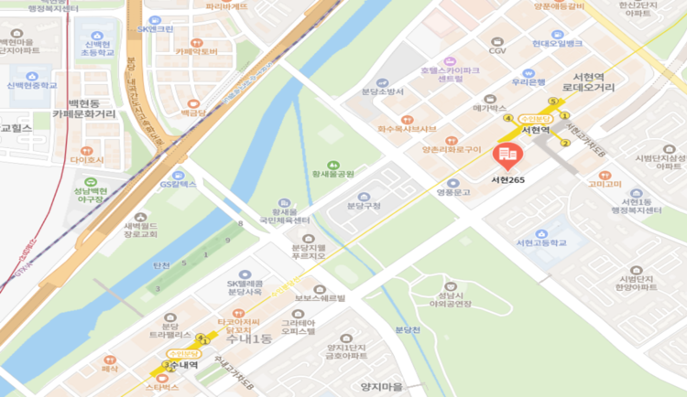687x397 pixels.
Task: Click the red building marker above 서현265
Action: pyautogui.click(x=505, y=156)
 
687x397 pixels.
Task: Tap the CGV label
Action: pyautogui.click(x=497, y=51)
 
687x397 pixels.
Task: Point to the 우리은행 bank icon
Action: pyautogui.click(x=528, y=72)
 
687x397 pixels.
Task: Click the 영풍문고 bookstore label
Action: pyautogui.click(x=453, y=192)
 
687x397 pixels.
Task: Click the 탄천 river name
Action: pyautogui.click(x=162, y=265)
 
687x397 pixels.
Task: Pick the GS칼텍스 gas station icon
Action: pyautogui.click(x=178, y=174)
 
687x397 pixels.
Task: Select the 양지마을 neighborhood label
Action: pyautogui.click(x=382, y=387)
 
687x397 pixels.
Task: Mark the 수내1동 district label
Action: pyautogui.click(x=248, y=339)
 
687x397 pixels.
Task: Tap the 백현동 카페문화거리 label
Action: pyautogui.click(x=84, y=108)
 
